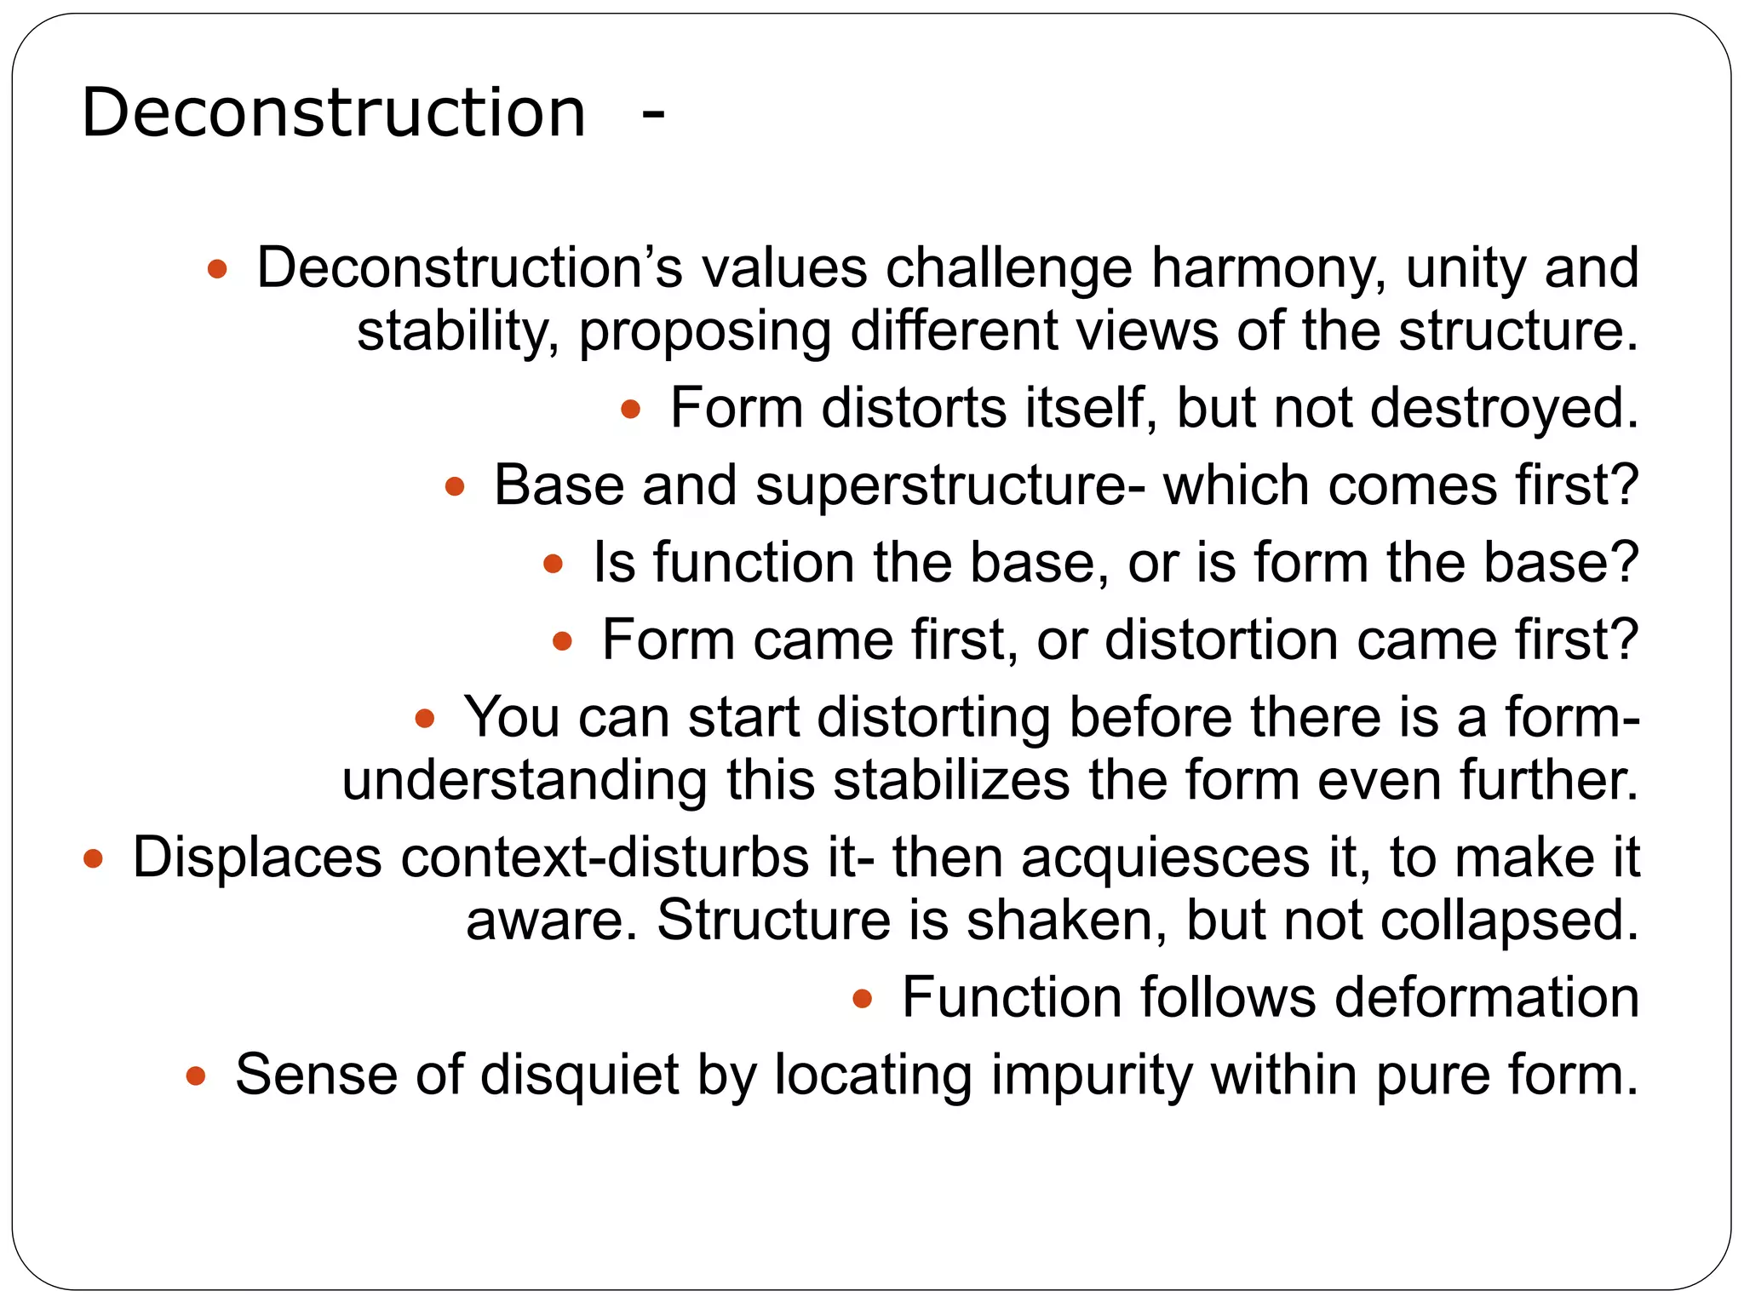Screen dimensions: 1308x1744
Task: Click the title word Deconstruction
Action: point(333,112)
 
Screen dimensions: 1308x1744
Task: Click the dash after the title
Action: point(653,114)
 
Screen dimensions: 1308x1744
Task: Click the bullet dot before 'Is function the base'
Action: point(554,563)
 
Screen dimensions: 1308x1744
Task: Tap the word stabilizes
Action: point(950,780)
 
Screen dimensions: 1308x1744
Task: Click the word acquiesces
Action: point(1165,858)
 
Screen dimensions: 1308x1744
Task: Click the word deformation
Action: point(1486,997)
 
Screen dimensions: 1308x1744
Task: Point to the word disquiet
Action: point(579,1075)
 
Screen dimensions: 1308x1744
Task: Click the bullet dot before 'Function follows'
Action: point(863,998)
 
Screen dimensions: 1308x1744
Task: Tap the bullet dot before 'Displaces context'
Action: point(93,858)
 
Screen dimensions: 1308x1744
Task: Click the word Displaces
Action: point(257,858)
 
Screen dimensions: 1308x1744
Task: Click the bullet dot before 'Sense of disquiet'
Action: point(196,1076)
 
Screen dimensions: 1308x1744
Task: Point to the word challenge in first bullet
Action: point(1008,267)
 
